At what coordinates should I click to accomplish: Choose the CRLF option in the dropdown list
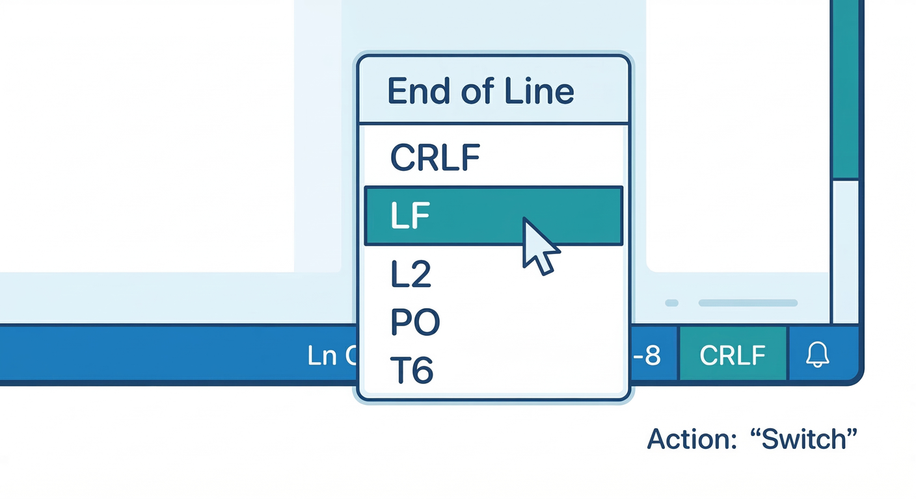coord(435,158)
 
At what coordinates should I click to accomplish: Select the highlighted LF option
coord(411,216)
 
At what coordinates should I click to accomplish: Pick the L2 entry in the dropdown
coord(411,275)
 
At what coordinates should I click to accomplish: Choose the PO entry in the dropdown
coord(415,323)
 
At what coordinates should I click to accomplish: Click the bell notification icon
coord(818,355)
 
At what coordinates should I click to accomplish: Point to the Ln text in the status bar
coord(322,356)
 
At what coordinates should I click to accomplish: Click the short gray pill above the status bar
coord(672,303)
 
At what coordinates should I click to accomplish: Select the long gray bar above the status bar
coord(748,303)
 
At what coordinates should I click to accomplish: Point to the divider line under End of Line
coord(494,123)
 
